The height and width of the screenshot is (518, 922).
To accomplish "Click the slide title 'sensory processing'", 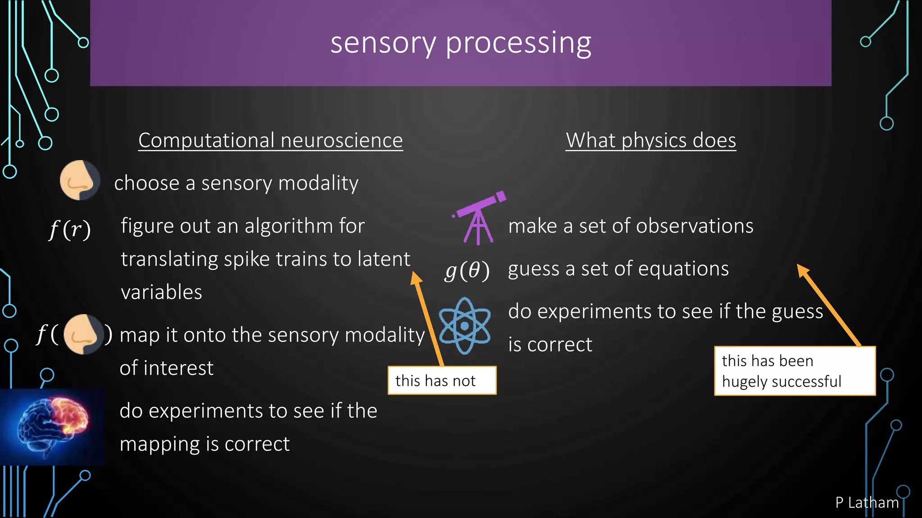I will pos(461,44).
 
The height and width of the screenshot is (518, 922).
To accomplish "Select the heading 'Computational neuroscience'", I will pos(270,140).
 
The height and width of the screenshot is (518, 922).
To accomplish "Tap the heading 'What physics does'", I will pos(651,140).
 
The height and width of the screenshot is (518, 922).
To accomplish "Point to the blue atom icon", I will pos(464,326).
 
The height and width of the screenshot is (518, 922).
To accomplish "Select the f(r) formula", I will pos(70,229).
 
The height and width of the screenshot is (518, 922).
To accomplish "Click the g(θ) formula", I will pos(467,271).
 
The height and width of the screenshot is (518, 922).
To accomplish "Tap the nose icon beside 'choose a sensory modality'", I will pos(80,180).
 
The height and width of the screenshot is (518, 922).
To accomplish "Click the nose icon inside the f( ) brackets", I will pos(83,334).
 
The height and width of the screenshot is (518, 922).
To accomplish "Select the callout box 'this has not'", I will pos(442,380).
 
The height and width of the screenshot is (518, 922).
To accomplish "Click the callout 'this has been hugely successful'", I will pos(795,371).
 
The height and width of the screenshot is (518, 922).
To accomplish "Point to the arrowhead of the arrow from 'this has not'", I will pos(416,277).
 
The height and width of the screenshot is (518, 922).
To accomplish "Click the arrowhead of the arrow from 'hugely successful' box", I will pos(803,270).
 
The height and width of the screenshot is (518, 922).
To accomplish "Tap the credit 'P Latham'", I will pos(867,502).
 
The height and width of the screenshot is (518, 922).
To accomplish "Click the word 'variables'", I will pos(162,292).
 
